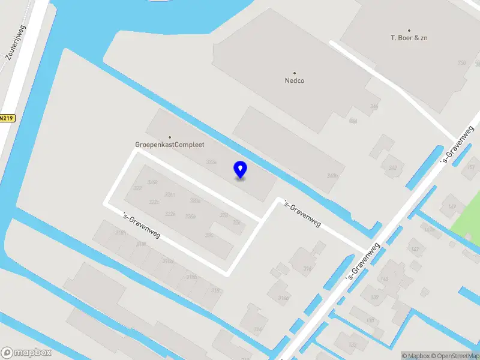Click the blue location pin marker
[x=240, y=169]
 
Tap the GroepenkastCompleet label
[x=169, y=145]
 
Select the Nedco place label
[x=294, y=80]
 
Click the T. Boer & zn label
[x=409, y=38]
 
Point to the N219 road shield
[x=6, y=118]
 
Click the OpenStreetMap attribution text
[x=454, y=356]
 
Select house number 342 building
[x=393, y=168]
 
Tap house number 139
[x=375, y=297]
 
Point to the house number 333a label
[x=211, y=162]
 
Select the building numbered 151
[x=470, y=167]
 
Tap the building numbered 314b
[x=283, y=298]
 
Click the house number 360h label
[x=332, y=176]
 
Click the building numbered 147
[x=415, y=249]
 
